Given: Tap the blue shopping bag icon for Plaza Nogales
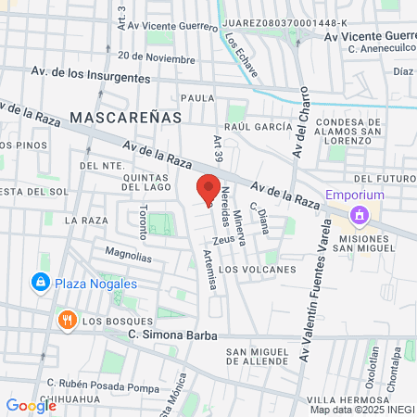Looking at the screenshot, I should tap(40, 282).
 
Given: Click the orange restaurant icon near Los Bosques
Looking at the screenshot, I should tap(66, 321).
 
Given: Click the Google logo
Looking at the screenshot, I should tap(31, 405).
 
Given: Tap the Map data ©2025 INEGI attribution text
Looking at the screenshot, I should tap(361, 410).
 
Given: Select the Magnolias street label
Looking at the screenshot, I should tap(128, 252).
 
